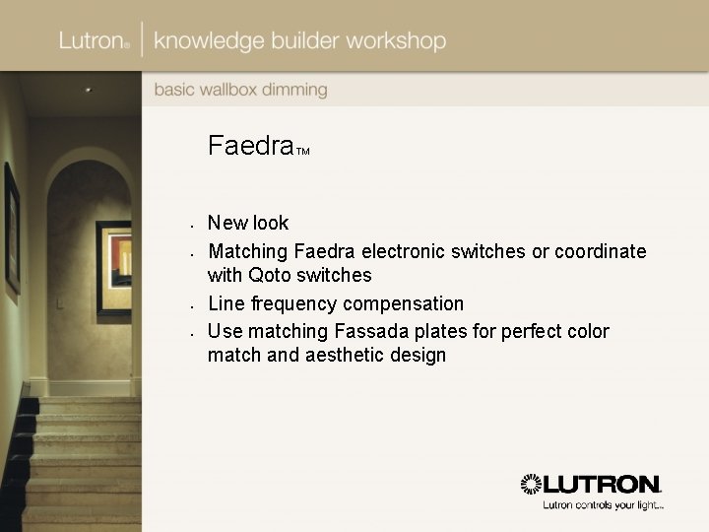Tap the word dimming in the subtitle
click(292, 90)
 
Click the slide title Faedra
click(251, 147)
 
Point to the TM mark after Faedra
click(303, 152)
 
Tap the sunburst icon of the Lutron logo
click(532, 485)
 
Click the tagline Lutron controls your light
click(603, 506)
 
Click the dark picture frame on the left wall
click(12, 228)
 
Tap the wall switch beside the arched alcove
click(59, 303)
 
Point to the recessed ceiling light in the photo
click(86, 90)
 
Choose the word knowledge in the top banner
click(211, 41)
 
